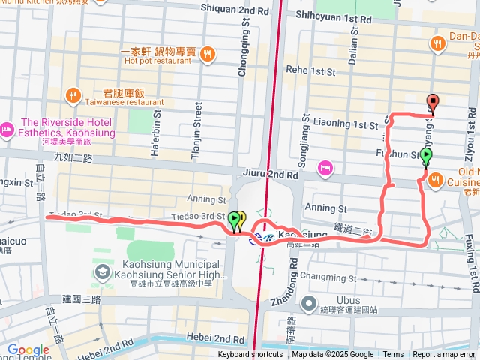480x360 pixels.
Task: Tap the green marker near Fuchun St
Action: coord(426,157)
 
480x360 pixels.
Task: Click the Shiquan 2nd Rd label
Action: coord(235,8)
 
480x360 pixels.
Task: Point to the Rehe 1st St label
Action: coord(310,71)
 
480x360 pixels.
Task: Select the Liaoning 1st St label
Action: coord(345,124)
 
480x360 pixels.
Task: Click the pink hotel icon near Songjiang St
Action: coord(325,166)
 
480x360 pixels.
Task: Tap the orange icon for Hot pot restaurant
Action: coord(208,52)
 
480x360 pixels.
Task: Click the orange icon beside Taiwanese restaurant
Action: coord(73,94)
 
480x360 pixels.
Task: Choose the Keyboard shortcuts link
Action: coord(250,355)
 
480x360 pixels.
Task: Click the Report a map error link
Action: coord(445,355)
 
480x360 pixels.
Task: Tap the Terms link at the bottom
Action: coord(393,355)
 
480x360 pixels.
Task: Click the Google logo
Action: coord(28,349)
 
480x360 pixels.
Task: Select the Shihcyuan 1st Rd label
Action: coord(334,17)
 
